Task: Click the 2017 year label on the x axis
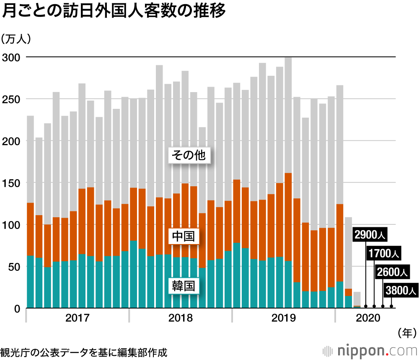point(78,318)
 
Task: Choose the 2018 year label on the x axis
point(181,318)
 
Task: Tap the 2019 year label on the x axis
point(284,318)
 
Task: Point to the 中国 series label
point(183,237)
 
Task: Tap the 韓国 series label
point(183,286)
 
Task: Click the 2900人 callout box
point(370,235)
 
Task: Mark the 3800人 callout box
point(401,290)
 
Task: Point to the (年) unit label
point(406,333)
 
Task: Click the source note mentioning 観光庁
point(84,352)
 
